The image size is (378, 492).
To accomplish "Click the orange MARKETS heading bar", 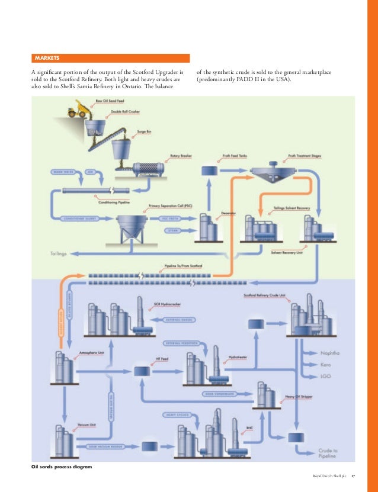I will (110, 58).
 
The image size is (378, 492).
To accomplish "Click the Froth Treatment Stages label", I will (304, 156).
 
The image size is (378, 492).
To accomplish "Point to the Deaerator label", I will (229, 211).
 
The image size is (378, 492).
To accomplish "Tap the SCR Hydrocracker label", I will (165, 304).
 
